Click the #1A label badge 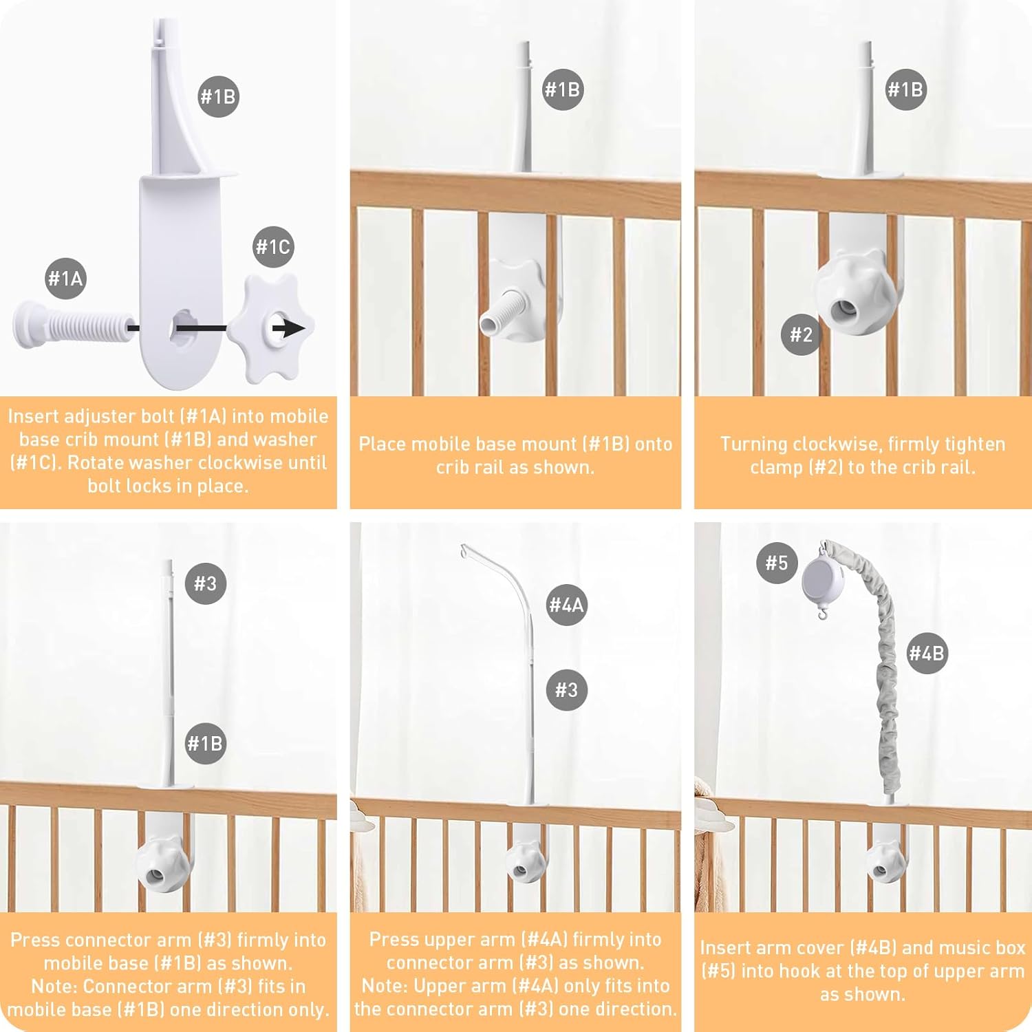tap(65, 279)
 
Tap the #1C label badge tap(273, 247)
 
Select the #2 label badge tap(801, 335)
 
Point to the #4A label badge tap(566, 605)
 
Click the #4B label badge tap(926, 653)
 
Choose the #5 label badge tap(777, 563)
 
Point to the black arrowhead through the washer tap(294, 328)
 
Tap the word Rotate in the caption tap(96, 462)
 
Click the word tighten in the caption tap(972, 444)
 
